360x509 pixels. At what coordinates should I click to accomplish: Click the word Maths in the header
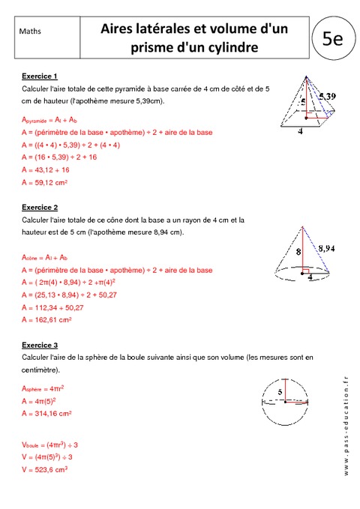click(x=30, y=31)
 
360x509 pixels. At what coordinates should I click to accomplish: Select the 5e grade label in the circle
click(x=332, y=37)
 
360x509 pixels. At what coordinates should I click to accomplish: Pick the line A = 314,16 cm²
click(x=48, y=413)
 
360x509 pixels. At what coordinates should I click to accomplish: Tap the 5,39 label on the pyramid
click(x=326, y=97)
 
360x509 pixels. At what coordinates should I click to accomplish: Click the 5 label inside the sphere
click(x=280, y=391)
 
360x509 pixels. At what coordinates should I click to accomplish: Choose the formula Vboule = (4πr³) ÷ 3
click(x=56, y=445)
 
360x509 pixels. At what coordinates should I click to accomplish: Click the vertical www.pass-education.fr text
click(x=346, y=424)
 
